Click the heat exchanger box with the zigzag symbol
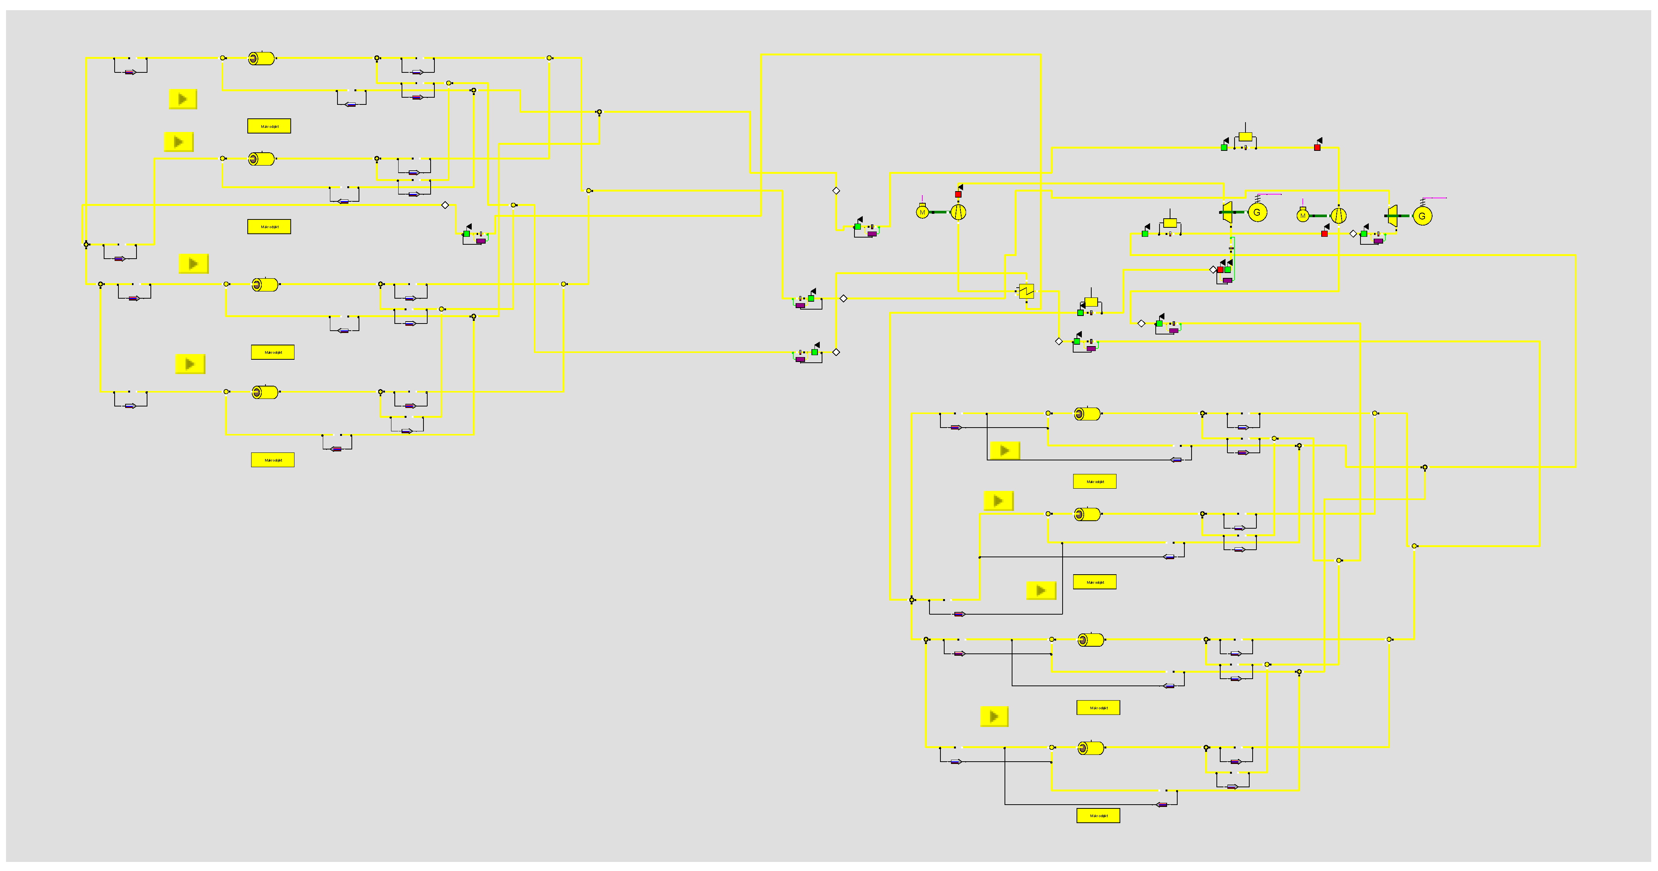click(x=1026, y=291)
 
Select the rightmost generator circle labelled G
click(x=1422, y=216)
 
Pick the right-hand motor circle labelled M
click(x=1303, y=216)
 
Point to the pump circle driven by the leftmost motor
click(x=959, y=212)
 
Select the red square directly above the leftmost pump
click(x=959, y=194)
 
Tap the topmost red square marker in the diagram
click(x=1317, y=147)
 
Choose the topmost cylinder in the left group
click(x=261, y=58)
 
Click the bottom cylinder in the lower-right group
click(x=1091, y=748)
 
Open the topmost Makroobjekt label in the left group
click(x=269, y=126)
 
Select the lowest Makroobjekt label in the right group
click(x=1098, y=816)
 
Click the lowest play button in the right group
click(x=994, y=716)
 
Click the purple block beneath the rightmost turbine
click(x=1378, y=241)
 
